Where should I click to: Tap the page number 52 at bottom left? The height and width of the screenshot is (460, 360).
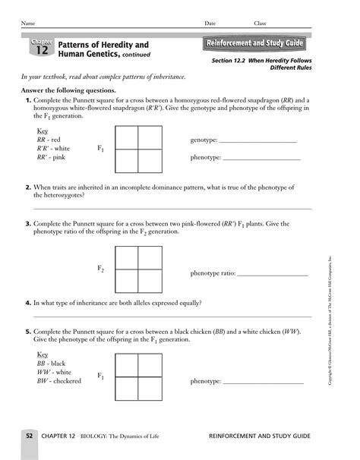click(x=29, y=436)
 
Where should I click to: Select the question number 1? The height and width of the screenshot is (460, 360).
click(x=28, y=100)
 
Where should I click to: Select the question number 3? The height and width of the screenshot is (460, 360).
click(x=28, y=224)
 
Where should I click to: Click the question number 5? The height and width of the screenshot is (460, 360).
click(x=28, y=332)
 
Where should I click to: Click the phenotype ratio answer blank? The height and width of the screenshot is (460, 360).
click(x=273, y=273)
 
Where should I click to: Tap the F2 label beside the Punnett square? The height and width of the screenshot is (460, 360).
click(x=100, y=269)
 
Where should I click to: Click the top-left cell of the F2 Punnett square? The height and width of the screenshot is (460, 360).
click(x=127, y=258)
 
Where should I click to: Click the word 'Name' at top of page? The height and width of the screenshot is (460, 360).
click(x=27, y=24)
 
